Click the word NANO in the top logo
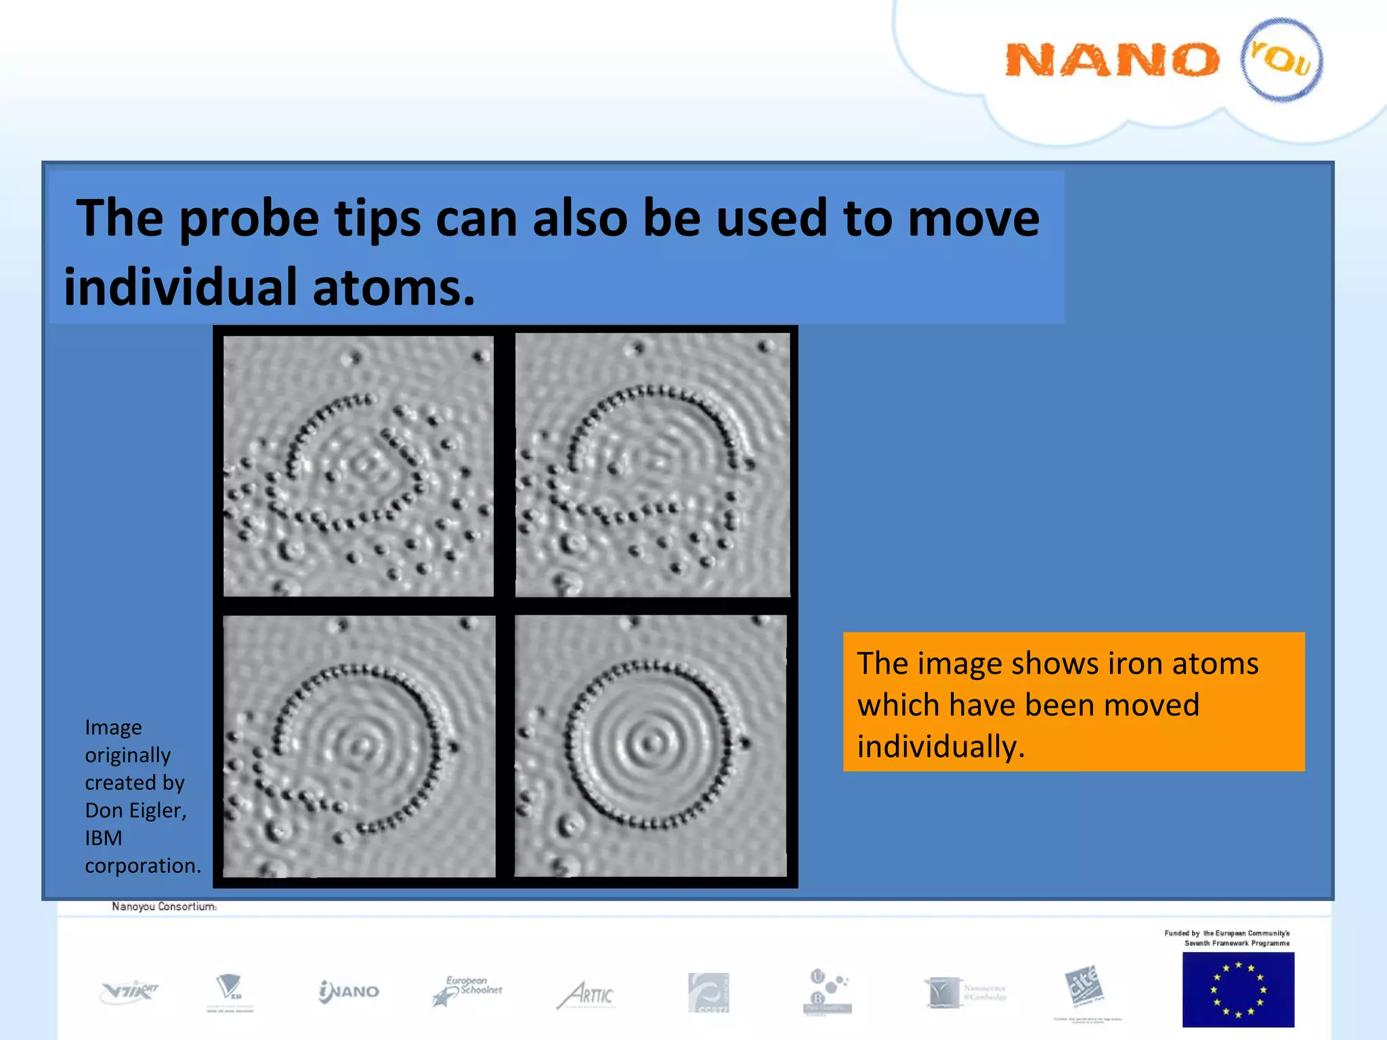(x=1112, y=60)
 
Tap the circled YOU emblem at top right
(x=1281, y=60)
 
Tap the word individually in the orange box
(x=941, y=747)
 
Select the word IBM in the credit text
(x=103, y=838)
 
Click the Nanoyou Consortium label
(x=164, y=907)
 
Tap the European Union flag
(x=1237, y=989)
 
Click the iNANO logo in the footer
(x=349, y=992)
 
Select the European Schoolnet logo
(x=467, y=991)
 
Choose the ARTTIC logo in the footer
(x=586, y=995)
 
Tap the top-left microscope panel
(x=358, y=466)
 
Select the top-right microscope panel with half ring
(x=652, y=464)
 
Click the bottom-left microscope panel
(x=359, y=746)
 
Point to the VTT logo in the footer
(x=129, y=993)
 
